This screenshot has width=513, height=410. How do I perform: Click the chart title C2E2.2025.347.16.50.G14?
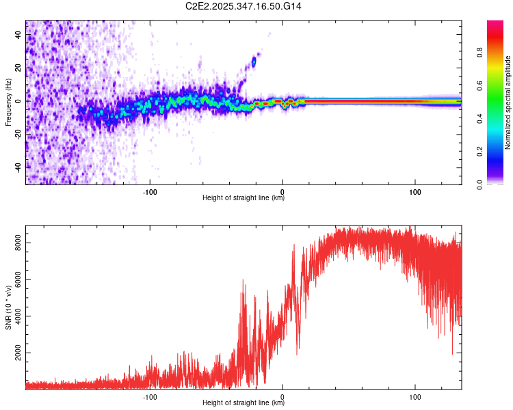[x=244, y=6]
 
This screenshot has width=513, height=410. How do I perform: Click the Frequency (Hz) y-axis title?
[x=8, y=102]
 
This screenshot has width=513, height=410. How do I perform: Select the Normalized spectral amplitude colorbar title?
[x=508, y=102]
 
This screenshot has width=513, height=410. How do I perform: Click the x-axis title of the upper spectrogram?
[x=244, y=197]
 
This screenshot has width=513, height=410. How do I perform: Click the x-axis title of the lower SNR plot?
[x=244, y=402]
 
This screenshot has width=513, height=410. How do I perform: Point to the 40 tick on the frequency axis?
[x=19, y=35]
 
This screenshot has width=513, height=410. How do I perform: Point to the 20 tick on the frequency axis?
[x=19, y=68]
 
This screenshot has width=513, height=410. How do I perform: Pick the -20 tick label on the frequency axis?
[x=19, y=134]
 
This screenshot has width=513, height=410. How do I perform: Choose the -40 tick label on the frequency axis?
[x=19, y=167]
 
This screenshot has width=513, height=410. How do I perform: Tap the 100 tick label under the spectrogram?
[x=415, y=191]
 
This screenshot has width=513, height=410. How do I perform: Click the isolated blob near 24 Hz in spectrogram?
[x=254, y=61]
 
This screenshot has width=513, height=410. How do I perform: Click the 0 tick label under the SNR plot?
[x=282, y=395]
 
